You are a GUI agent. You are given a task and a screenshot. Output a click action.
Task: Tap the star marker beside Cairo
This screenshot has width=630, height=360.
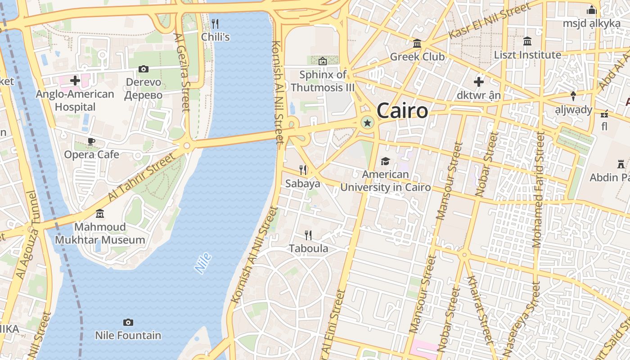pos(367,122)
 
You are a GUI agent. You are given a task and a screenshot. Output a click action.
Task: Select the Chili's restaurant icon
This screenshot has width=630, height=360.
pos(215,23)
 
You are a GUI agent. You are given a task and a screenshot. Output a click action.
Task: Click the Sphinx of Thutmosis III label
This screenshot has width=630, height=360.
pos(323,81)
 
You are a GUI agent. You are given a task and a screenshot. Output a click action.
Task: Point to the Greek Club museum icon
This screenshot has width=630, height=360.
pos(417,44)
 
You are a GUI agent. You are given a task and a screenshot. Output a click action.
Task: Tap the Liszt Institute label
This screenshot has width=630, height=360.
pos(527,55)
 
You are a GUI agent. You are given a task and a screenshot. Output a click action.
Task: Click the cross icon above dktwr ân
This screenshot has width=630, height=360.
pos(478,82)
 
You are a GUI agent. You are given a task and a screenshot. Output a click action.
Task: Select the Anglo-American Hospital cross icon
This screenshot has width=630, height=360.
pos(75,81)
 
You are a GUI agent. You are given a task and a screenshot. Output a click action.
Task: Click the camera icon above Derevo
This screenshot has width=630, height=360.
pos(144,69)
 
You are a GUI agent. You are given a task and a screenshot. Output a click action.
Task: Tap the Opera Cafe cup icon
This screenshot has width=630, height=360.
pos(91,142)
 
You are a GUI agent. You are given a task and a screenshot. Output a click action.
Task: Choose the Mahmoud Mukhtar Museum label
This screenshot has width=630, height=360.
pos(100,233)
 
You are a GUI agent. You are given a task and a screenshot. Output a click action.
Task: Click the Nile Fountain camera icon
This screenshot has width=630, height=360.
pos(128,322)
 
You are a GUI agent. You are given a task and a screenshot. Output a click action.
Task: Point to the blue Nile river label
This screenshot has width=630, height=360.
pos(203,263)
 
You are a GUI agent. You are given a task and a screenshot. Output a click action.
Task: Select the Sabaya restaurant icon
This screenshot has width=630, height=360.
pos(303,170)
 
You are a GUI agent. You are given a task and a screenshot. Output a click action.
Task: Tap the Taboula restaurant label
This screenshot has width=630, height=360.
pos(308,248)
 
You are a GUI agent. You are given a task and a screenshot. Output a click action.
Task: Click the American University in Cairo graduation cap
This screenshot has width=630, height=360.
pos(385,161)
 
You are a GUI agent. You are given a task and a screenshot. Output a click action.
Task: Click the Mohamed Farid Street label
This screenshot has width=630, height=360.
pos(538,189)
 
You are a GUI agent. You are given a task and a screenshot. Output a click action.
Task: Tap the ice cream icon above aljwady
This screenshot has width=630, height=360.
pos(573,96)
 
